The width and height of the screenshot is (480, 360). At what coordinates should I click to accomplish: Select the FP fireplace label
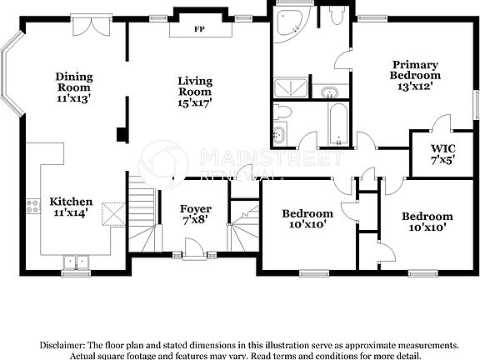199,29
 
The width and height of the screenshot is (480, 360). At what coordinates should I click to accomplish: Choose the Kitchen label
71,207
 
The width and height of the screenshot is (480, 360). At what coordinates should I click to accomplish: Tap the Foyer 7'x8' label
196,214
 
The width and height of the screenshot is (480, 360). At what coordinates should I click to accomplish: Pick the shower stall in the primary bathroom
291,85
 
